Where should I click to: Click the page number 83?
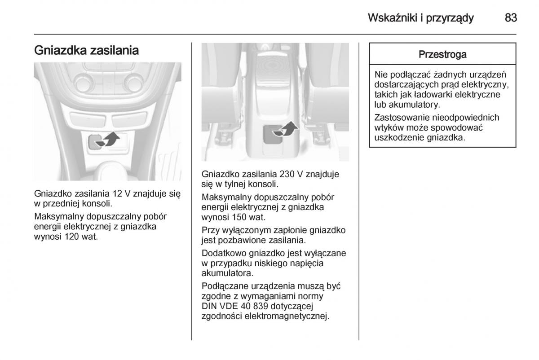(x=511, y=18)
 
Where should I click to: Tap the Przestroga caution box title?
(x=442, y=55)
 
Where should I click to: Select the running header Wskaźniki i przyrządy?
(x=420, y=18)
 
